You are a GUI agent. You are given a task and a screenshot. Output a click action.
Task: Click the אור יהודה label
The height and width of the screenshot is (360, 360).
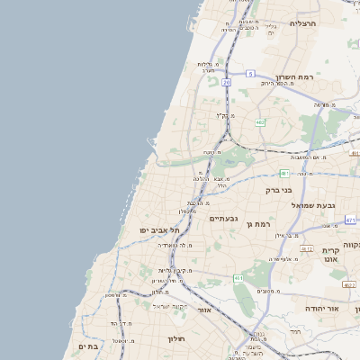tap(319, 308)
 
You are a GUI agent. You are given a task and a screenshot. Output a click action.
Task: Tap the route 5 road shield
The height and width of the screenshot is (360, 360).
tap(250, 73)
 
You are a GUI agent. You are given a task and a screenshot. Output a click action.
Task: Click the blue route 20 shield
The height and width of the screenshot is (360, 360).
tap(226, 82)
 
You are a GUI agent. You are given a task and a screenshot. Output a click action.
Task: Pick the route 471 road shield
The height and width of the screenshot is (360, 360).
tap(350, 220)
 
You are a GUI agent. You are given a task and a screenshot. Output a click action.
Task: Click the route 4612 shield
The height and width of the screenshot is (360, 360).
tap(307, 248)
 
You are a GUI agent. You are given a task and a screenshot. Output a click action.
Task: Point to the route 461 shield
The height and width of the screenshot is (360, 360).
tap(238, 279)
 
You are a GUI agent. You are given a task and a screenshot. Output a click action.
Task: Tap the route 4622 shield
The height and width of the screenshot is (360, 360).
tap(349, 284)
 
